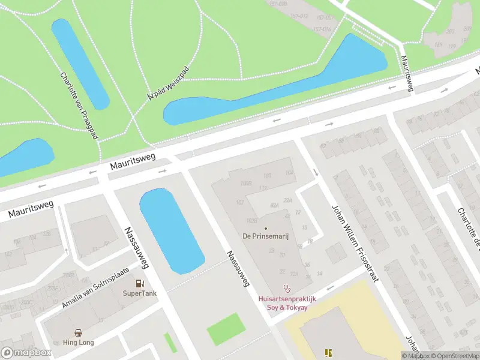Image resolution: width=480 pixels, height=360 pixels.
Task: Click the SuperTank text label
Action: [x=140, y=293]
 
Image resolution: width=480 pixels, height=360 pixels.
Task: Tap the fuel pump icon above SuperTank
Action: [x=140, y=283]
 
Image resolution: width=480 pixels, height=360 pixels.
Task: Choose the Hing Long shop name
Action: [x=79, y=343]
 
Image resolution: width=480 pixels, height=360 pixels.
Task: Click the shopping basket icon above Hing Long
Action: [x=79, y=332]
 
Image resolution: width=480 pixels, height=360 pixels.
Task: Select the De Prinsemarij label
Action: [x=266, y=236]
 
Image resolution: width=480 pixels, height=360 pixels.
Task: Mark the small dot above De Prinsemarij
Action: [x=266, y=228]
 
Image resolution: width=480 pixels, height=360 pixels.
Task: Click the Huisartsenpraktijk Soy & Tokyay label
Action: [x=287, y=303]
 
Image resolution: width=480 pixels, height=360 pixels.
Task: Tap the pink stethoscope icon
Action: [x=287, y=289]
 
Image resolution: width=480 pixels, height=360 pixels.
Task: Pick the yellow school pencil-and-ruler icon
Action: [x=328, y=353]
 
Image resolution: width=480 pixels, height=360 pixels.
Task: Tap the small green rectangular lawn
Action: [x=226, y=329]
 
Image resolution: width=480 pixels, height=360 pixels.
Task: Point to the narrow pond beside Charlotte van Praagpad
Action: [x=80, y=63]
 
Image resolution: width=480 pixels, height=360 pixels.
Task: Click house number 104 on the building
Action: [x=290, y=173]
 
